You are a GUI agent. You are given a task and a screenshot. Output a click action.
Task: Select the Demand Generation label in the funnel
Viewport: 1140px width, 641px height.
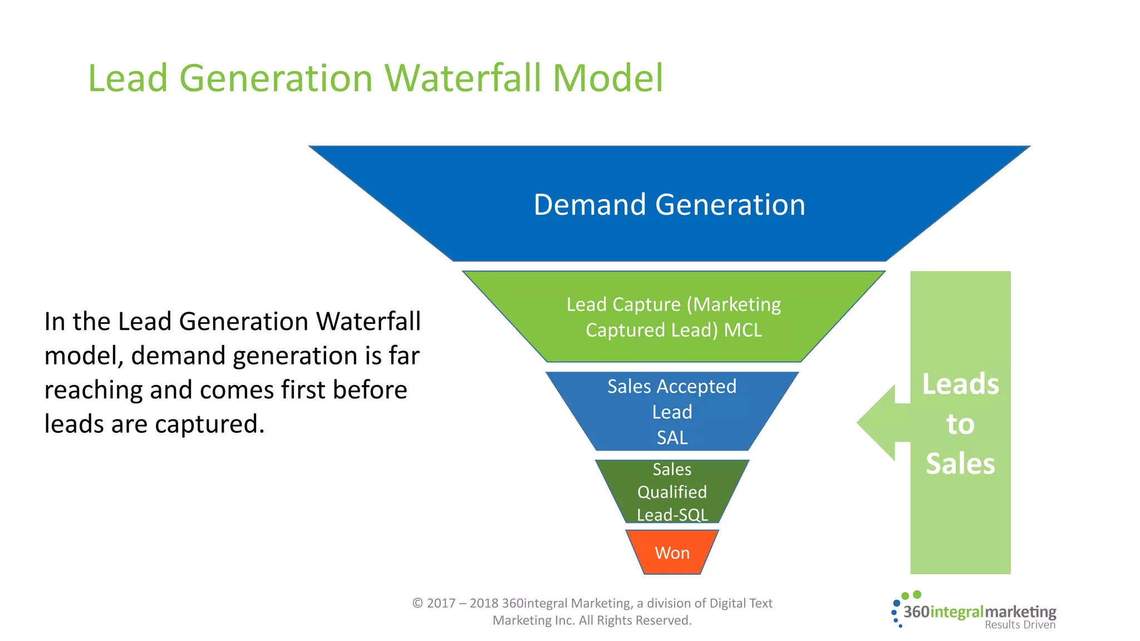point(669,205)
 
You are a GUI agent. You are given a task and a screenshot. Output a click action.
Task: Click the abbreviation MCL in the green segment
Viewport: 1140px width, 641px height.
point(743,331)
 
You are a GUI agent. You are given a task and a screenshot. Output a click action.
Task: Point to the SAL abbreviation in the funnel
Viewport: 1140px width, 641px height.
point(672,438)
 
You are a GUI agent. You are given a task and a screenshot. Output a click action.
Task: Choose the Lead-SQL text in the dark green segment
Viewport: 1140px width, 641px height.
point(672,515)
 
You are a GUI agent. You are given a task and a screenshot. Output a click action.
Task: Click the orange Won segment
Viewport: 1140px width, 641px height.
point(672,553)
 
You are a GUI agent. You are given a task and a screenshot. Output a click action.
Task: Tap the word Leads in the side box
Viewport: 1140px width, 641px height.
point(960,384)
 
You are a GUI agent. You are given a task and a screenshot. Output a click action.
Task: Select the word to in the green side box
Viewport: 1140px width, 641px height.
point(960,424)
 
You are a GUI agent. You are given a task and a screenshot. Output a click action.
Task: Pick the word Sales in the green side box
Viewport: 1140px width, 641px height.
point(960,464)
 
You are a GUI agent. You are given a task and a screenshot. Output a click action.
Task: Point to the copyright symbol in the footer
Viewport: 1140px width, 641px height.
point(417,603)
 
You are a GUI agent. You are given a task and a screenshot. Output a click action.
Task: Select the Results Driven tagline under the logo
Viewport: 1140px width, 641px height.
point(1020,625)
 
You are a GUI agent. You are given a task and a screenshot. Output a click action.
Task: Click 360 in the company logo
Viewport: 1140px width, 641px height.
point(916,612)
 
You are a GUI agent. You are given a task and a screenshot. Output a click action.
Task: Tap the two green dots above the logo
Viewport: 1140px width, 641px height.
point(911,595)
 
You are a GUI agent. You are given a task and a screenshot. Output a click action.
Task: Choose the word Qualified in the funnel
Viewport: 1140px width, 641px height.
point(672,492)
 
